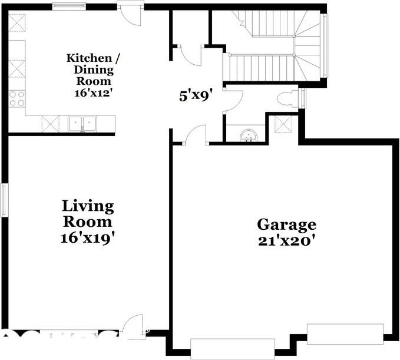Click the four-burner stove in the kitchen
point(17,98)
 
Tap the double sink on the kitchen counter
point(83,124)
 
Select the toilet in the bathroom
point(289,99)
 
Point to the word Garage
point(286,224)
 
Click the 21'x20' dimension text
point(286,241)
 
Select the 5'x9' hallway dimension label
point(196,95)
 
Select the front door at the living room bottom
point(133,326)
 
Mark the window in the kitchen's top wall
point(69,6)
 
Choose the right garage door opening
point(345,333)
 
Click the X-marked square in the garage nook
point(283,124)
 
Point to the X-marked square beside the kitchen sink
point(50,124)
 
